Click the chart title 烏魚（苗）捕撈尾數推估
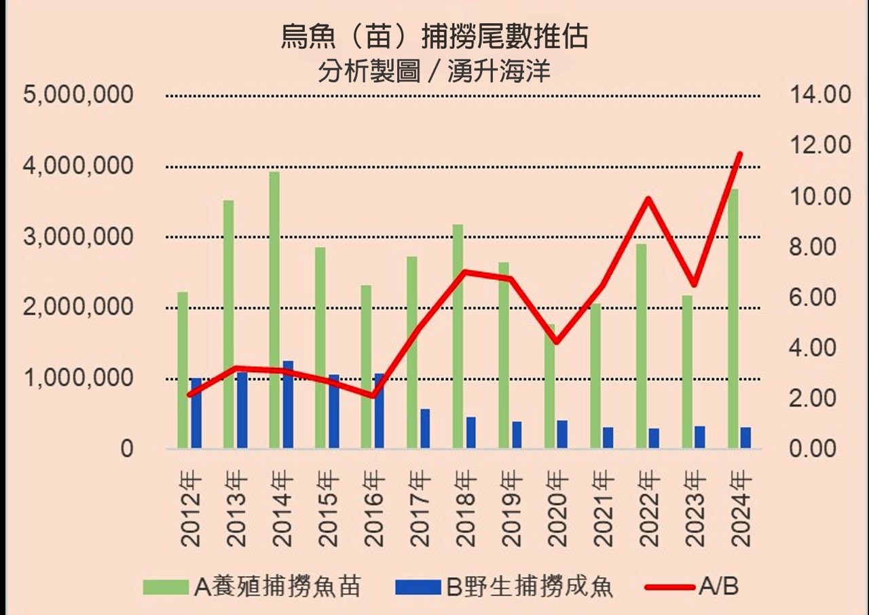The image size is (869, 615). [x=434, y=37]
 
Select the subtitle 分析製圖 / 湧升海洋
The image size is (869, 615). [x=434, y=71]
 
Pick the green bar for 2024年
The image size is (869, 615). [x=733, y=319]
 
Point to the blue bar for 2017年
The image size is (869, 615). [x=425, y=428]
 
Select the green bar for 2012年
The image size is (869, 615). [x=183, y=370]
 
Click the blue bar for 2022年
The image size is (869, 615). [x=654, y=438]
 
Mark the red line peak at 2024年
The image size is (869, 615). [x=740, y=155]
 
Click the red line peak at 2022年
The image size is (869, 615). [x=648, y=199]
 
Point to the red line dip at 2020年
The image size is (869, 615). [x=556, y=342]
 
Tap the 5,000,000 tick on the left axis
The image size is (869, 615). [x=78, y=94]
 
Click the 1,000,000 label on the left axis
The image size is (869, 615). [x=78, y=378]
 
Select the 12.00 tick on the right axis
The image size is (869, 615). [x=820, y=145]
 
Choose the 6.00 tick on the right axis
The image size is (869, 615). [x=820, y=297]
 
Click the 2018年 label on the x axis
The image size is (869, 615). [x=466, y=510]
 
